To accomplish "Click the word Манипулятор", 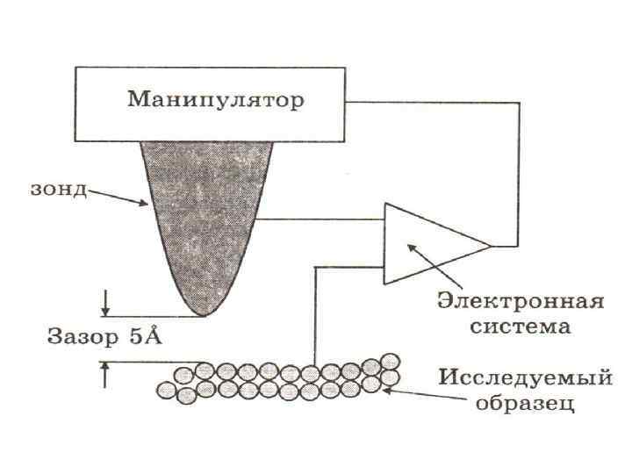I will point(216,99).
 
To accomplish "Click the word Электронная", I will point(521,303).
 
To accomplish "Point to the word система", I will point(521,327).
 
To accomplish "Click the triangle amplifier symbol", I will point(421,245).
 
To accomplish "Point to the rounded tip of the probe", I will point(205,310).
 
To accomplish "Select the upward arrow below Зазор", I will point(105,373).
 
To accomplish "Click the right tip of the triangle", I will point(490,245).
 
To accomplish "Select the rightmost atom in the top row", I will point(390,361).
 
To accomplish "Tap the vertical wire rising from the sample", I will point(313,316).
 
